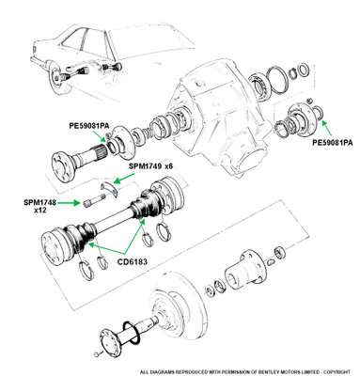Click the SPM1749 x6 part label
tap(150, 166)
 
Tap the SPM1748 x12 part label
tap(39, 206)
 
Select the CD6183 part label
tap(133, 261)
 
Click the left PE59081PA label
tap(89, 126)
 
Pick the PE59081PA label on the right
tap(333, 143)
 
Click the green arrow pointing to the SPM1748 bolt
tap(69, 203)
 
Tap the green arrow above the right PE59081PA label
tap(327, 128)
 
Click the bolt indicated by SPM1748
tap(95, 200)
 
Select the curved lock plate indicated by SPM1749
tap(110, 187)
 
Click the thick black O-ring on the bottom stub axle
tap(131, 334)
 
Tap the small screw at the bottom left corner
tap(98, 354)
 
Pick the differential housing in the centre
tap(216, 116)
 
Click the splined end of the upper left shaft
tap(101, 152)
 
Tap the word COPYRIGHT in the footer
tap(337, 372)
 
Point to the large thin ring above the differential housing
tap(277, 80)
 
